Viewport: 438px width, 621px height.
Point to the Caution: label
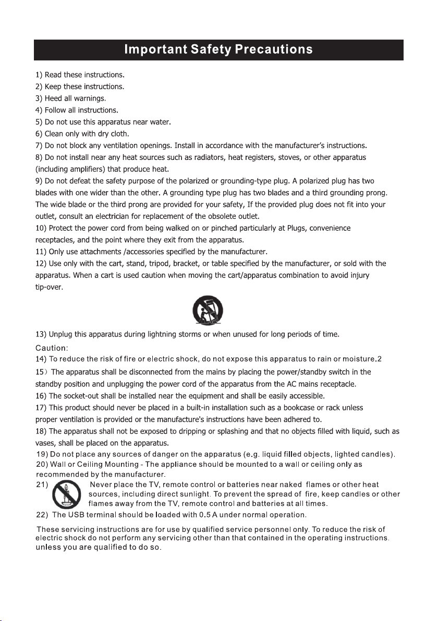pos(52,347)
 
